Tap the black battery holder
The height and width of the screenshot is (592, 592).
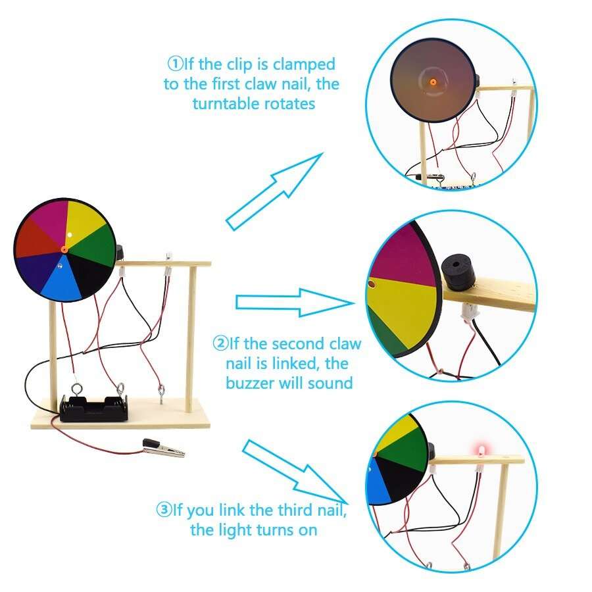[92, 408]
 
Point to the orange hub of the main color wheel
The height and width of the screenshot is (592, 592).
[64, 249]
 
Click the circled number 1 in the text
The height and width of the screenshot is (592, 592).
[174, 64]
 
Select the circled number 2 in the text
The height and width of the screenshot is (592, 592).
[220, 343]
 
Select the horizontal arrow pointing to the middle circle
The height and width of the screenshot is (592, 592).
[293, 302]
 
